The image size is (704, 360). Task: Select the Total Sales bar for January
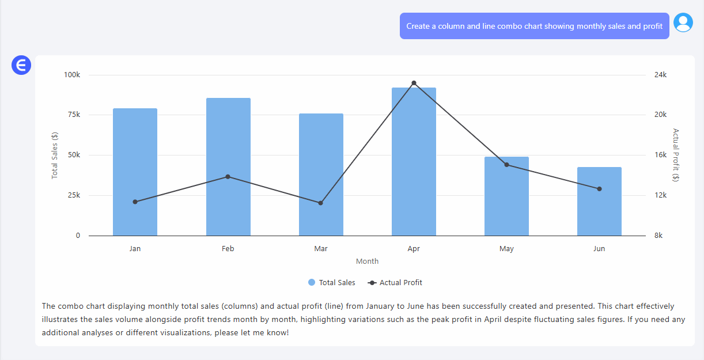click(135, 172)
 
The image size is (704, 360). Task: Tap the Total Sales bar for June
click(599, 202)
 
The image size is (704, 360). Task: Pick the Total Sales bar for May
click(506, 196)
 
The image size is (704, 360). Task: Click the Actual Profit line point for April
click(414, 83)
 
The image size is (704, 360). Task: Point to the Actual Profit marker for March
click(321, 203)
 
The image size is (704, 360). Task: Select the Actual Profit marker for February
click(228, 176)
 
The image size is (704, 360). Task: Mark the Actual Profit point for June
click(599, 189)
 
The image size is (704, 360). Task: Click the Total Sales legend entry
click(332, 283)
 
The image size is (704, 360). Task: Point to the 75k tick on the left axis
click(74, 115)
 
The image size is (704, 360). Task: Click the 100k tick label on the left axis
click(72, 75)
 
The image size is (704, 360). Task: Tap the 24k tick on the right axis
click(660, 75)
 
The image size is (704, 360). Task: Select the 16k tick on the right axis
click(660, 155)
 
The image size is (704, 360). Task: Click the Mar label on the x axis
click(321, 249)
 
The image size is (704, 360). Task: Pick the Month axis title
click(367, 262)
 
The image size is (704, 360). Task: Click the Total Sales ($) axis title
click(55, 155)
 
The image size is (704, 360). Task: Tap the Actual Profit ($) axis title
click(676, 155)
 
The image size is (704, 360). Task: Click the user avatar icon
click(683, 22)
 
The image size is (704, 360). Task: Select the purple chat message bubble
click(534, 26)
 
